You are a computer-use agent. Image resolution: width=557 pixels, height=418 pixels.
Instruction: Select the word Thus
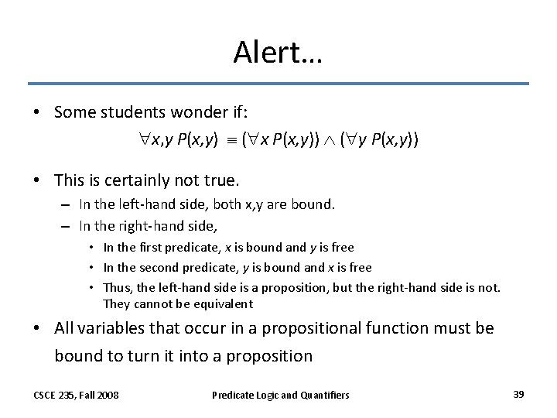pyautogui.click(x=116, y=287)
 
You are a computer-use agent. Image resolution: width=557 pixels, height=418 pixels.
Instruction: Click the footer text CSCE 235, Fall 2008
pyautogui.click(x=76, y=395)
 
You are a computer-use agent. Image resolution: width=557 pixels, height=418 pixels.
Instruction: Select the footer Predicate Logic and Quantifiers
pyautogui.click(x=280, y=395)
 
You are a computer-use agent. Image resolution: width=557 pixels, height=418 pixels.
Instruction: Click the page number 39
pyautogui.click(x=518, y=394)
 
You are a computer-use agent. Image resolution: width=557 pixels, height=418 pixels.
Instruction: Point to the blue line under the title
pyautogui.click(x=278, y=84)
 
